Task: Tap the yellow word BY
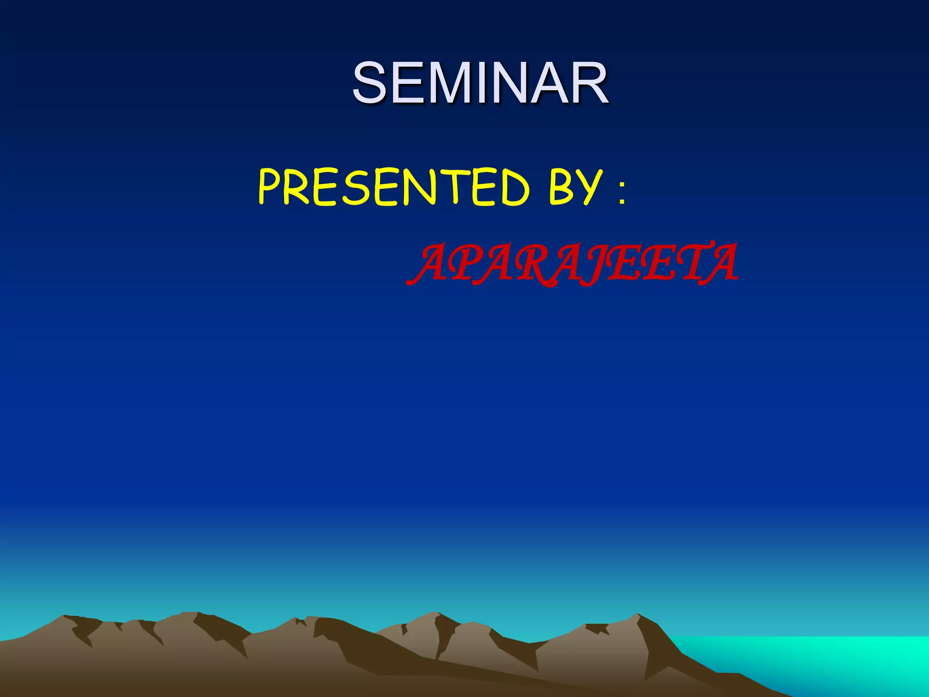pos(575,187)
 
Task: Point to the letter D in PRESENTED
pos(512,187)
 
